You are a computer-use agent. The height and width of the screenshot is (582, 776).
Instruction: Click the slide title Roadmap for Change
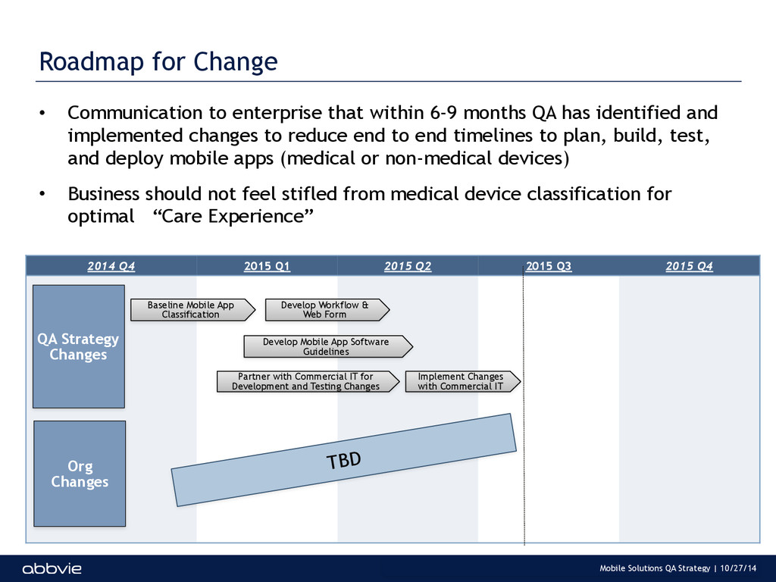[158, 62]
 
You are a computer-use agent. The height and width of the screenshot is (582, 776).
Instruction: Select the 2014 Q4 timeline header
[111, 266]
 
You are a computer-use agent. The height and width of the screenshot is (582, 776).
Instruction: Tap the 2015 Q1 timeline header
[267, 266]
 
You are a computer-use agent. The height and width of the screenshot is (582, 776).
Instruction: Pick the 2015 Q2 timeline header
[408, 266]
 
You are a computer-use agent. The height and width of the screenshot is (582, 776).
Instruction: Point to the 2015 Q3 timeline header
[549, 266]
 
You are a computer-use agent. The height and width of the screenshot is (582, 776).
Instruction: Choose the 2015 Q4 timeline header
[690, 266]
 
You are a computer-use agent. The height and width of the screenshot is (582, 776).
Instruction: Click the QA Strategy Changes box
[79, 346]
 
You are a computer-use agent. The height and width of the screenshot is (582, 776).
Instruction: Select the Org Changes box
[80, 474]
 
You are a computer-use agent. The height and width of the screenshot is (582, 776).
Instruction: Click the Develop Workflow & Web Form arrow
[327, 310]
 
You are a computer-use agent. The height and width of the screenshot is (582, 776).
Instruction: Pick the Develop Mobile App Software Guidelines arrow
[328, 346]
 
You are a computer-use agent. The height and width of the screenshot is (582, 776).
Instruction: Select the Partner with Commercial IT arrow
[308, 382]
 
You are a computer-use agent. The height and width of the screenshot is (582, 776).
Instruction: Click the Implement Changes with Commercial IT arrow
[463, 382]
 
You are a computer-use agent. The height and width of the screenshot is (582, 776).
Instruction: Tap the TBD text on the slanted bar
[344, 460]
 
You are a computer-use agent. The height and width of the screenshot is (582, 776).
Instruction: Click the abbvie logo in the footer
[52, 568]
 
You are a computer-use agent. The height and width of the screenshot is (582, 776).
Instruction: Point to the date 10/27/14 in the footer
[738, 568]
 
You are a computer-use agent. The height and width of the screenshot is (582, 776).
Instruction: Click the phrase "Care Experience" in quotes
[233, 216]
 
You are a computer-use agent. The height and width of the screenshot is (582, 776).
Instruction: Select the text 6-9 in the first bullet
[443, 113]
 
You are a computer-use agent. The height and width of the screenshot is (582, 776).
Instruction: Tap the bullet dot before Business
[42, 194]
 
